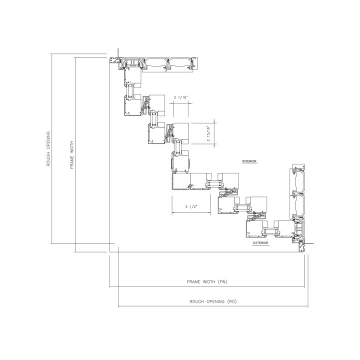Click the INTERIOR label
point(249,161)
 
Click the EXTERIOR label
point(260,243)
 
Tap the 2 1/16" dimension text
point(180,97)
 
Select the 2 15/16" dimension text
point(208,133)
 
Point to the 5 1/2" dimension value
point(191,206)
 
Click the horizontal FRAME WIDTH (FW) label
point(207,281)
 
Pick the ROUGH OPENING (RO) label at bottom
point(213,301)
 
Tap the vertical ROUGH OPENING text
point(48,149)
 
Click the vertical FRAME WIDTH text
point(72,155)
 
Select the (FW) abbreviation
point(222,281)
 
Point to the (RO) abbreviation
point(231,301)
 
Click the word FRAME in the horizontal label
point(193,281)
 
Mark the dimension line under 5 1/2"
point(191,213)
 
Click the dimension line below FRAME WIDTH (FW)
point(207,286)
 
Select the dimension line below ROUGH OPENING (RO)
point(213,306)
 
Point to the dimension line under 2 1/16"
point(181,103)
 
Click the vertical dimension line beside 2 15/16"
point(214,133)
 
